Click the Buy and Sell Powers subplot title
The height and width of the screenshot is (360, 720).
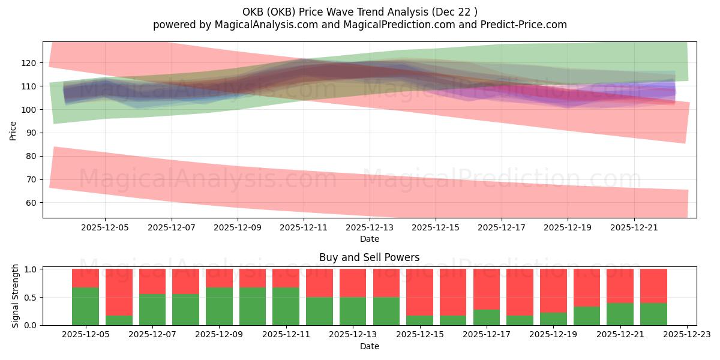click(x=369, y=257)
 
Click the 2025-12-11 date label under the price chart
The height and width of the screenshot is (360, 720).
click(x=304, y=227)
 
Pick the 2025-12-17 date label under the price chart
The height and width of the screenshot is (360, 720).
click(x=502, y=227)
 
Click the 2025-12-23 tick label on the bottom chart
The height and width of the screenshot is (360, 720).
click(x=686, y=334)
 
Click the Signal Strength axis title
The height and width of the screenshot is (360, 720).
click(x=16, y=296)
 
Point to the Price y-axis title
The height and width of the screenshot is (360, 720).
click(x=13, y=130)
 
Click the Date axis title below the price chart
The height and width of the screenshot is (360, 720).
click(x=369, y=239)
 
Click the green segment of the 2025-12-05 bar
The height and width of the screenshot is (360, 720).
click(x=85, y=306)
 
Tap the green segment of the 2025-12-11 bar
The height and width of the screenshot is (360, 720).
click(x=286, y=306)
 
